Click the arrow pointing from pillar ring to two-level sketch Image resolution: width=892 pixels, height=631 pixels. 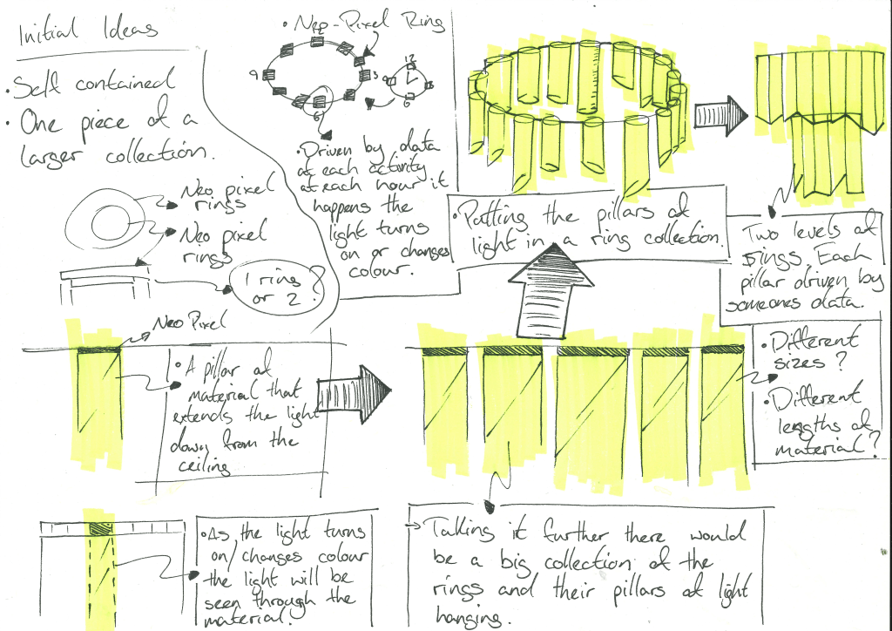720,113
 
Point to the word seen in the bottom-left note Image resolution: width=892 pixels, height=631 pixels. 226,599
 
